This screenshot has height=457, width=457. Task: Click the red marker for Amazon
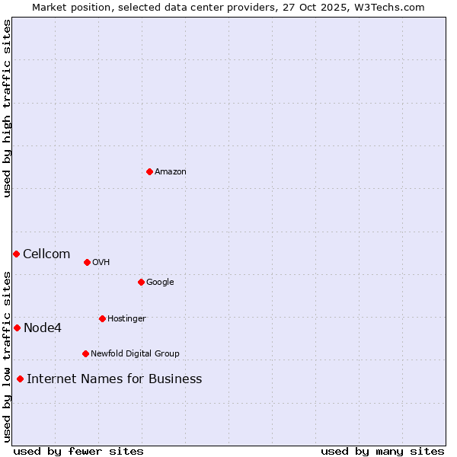point(149,171)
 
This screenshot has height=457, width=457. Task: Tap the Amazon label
point(171,172)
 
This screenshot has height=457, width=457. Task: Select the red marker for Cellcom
point(16,254)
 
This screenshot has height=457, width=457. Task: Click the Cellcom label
point(46,254)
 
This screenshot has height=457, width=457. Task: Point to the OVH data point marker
point(87,262)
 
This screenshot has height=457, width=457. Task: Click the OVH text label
point(101,263)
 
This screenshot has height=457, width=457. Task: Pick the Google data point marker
point(141,282)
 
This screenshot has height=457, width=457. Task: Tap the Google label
point(160,283)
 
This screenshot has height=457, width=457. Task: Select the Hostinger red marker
point(102,318)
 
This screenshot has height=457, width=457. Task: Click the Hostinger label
point(126,319)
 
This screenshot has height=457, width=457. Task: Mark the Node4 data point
point(17,328)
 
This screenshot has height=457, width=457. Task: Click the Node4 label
point(43,328)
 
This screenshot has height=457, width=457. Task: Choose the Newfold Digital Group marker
point(85,353)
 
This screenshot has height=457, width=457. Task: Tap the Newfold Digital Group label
point(135,354)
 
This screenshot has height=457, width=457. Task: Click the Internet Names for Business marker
point(20,379)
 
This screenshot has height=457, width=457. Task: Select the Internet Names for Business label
point(114,379)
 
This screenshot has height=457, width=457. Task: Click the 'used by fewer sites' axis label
point(78,451)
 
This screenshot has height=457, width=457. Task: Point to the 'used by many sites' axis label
point(382,451)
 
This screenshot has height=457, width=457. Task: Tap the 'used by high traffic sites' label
point(7,108)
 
